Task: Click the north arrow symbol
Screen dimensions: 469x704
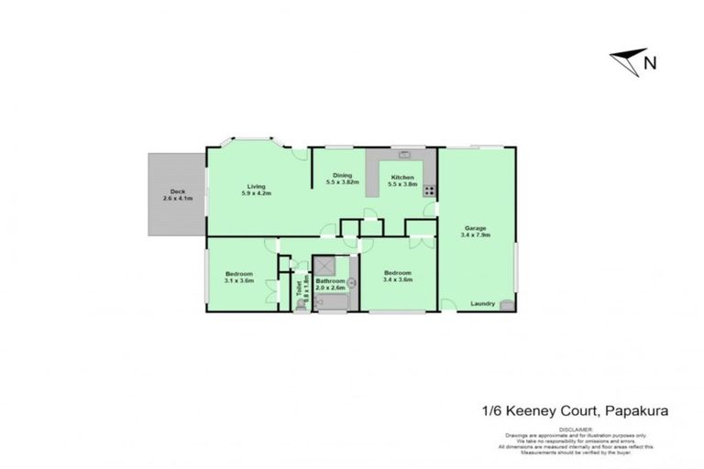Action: (x=626, y=62)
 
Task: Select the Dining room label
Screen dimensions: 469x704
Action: (x=342, y=176)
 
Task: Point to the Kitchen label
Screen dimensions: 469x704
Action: (x=402, y=177)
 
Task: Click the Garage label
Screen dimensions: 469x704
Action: (x=474, y=228)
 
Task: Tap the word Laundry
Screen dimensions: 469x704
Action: (x=482, y=303)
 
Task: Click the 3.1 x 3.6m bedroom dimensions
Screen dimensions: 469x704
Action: (x=238, y=281)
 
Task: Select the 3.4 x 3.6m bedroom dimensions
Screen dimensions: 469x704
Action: (x=398, y=280)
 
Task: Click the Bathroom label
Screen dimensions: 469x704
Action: (x=330, y=281)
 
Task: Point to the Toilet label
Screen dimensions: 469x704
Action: (x=299, y=286)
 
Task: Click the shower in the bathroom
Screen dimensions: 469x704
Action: (x=323, y=267)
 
